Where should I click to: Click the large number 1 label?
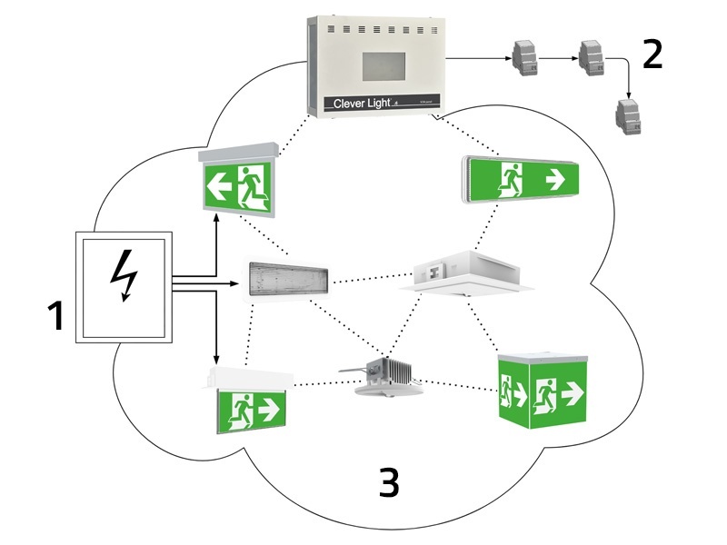(x=55, y=316)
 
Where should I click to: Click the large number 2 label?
(x=652, y=54)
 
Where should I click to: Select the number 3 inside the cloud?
(x=388, y=483)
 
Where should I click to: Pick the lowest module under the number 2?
(x=627, y=113)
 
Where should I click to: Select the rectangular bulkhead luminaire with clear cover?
(x=288, y=279)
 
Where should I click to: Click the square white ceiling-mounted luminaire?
(x=463, y=272)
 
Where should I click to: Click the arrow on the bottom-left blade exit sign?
(x=269, y=410)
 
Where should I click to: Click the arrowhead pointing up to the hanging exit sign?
(x=215, y=217)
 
